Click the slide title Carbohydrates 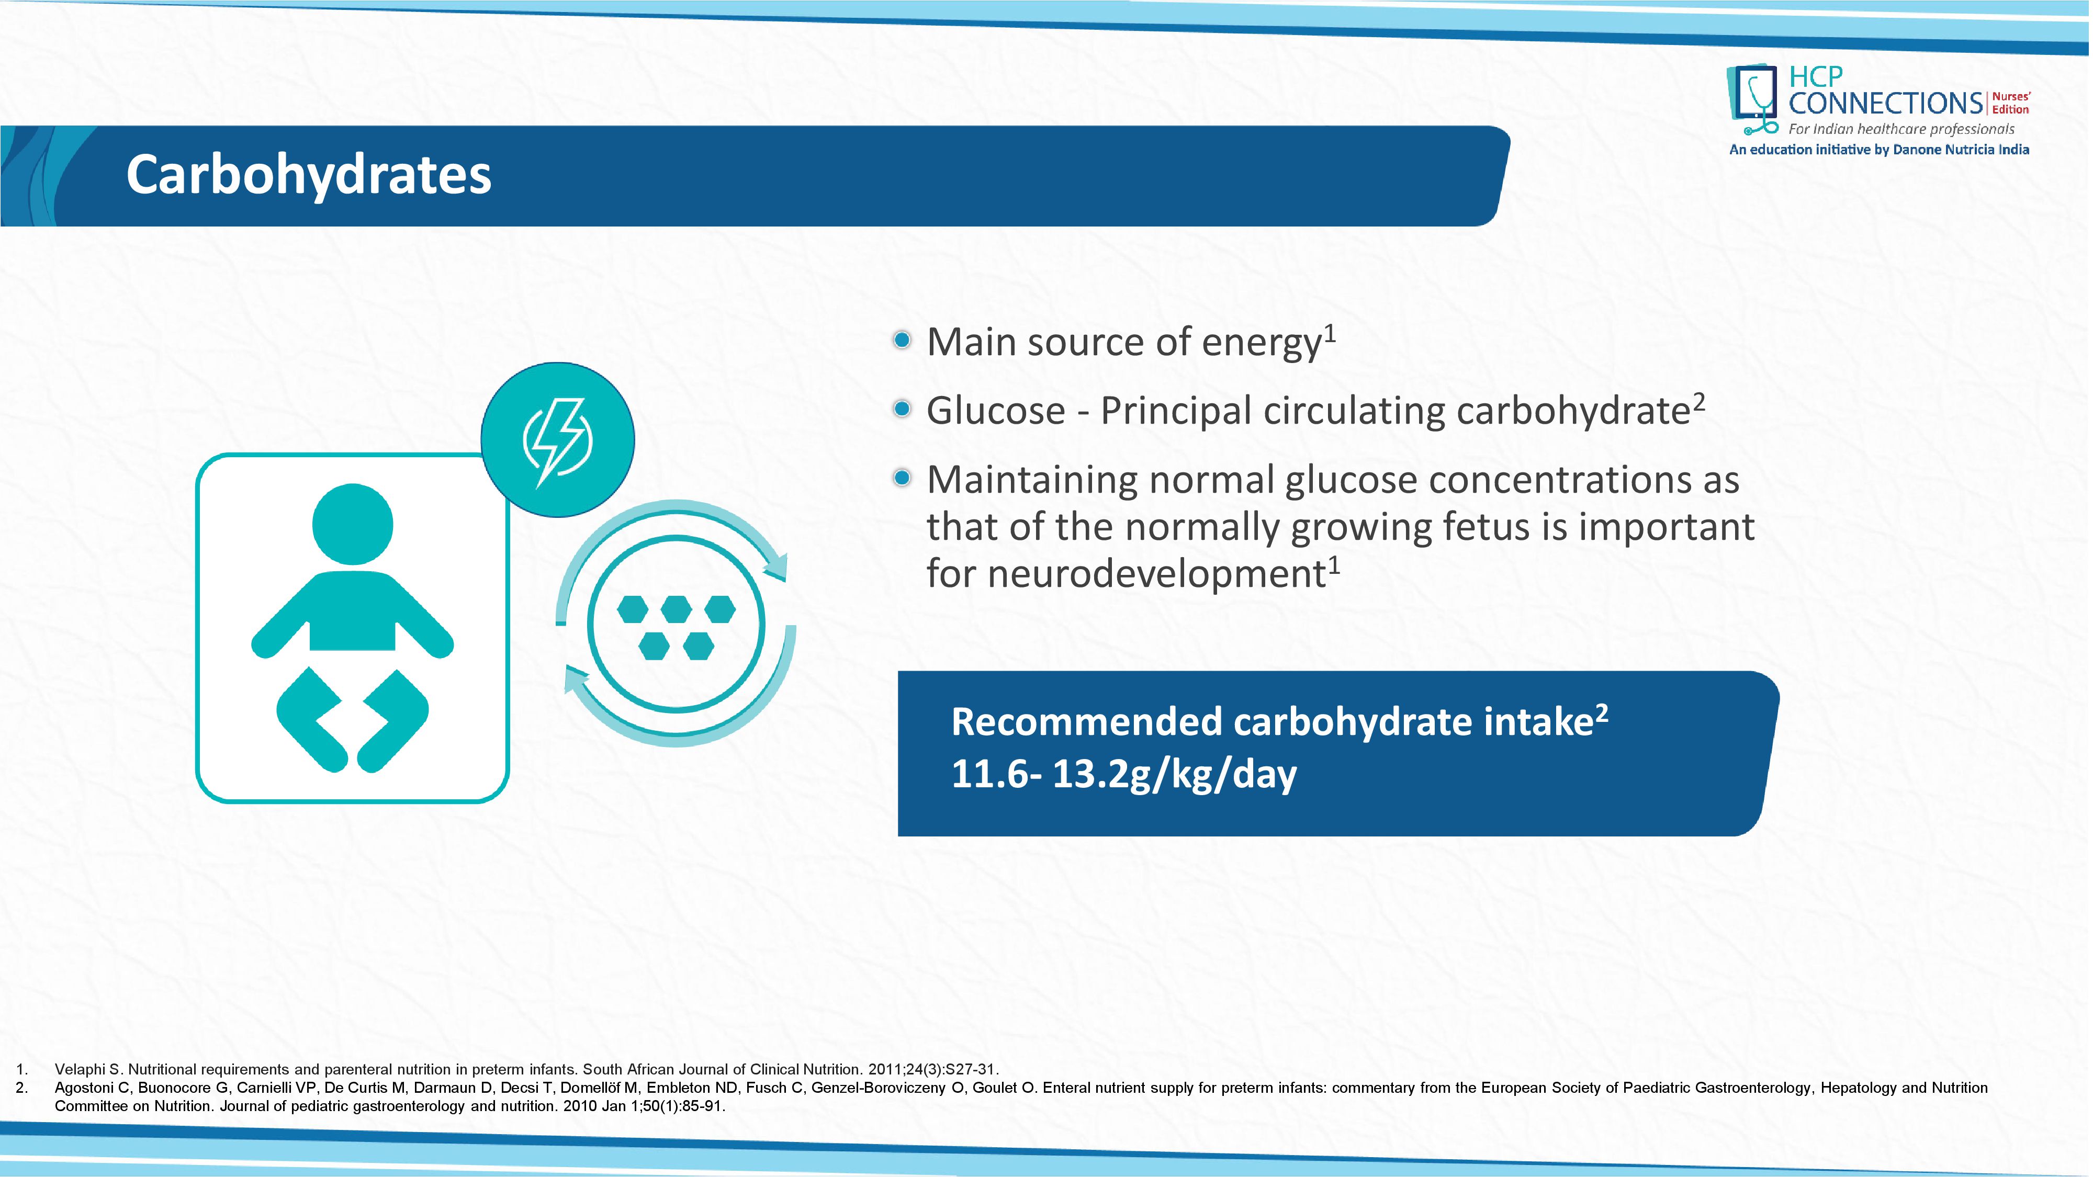pos(309,175)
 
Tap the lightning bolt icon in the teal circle pos(557,441)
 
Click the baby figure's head pos(353,524)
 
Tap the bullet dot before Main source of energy pos(901,339)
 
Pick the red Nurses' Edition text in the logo pos(2011,103)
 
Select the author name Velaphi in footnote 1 pos(80,1069)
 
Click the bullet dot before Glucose pos(901,409)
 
